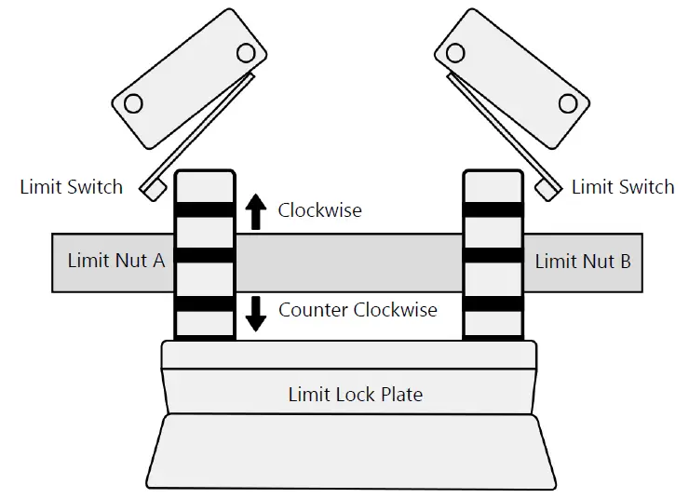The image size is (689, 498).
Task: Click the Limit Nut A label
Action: pos(116,262)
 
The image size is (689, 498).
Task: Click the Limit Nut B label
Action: pos(583,262)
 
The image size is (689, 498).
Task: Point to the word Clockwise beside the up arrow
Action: pos(319,210)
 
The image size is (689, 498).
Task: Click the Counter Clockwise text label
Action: pos(358,310)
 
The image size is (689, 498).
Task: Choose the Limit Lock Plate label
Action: pos(355,395)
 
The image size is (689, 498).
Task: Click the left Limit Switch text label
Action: pos(71,187)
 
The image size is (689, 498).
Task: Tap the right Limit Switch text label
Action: pos(623,187)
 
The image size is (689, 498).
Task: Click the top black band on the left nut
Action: pos(205,210)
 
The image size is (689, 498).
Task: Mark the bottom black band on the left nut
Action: pos(205,303)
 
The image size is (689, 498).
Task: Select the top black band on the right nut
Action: pos(493,210)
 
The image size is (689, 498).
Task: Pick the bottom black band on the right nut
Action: pos(493,303)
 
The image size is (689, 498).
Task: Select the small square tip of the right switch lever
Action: pos(547,188)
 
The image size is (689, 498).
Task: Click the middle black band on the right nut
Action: pos(493,255)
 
